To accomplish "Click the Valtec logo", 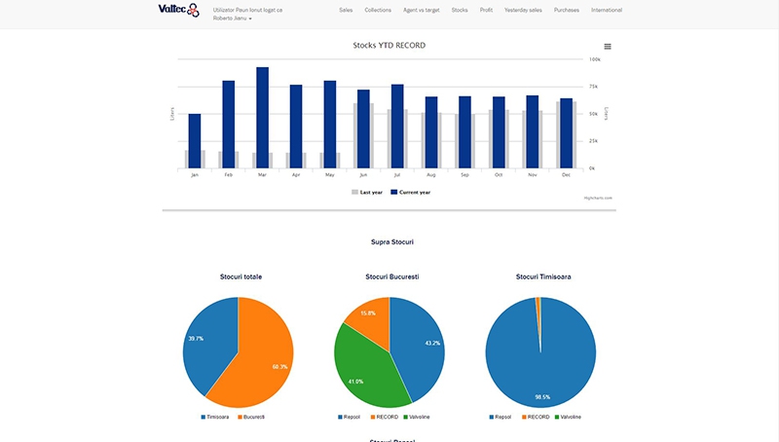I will (178, 11).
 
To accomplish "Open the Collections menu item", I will (378, 10).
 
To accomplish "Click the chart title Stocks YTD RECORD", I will (389, 45).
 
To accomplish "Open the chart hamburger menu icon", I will (608, 46).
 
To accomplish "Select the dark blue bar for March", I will (262, 117).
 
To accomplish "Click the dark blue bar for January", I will (195, 140).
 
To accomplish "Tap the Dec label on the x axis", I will (566, 174).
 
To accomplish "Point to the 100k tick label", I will (594, 59).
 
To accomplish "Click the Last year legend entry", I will (367, 193).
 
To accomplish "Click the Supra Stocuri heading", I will (389, 241).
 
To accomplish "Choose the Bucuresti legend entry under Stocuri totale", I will (251, 418).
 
